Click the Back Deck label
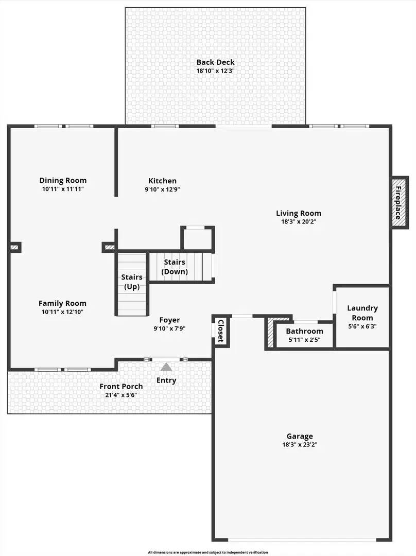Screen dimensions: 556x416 tap(215, 62)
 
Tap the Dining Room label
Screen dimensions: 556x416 tap(63, 180)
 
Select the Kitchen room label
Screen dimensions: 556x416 tap(162, 181)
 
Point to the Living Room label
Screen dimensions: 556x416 tap(299, 213)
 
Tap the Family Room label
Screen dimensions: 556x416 tap(62, 303)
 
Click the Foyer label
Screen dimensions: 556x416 tap(169, 320)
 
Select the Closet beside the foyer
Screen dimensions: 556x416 tap(220, 331)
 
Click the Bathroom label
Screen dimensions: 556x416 tap(304, 331)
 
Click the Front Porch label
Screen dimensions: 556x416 tap(121, 387)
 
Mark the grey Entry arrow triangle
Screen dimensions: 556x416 tap(166, 367)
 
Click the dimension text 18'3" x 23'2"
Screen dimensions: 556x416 tap(299, 445)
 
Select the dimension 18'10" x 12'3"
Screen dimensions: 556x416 tap(215, 71)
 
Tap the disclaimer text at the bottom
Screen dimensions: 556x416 tap(208, 552)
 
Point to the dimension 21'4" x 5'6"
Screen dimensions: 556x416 tap(121, 395)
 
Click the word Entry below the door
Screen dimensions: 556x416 tap(166, 380)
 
